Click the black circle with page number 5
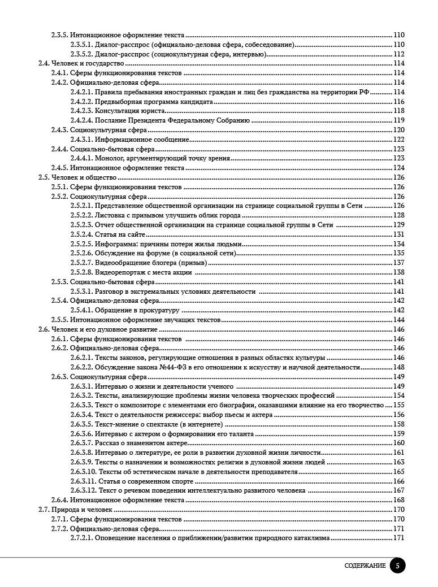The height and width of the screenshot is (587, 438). (x=397, y=566)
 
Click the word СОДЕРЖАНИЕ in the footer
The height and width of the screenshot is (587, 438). (x=365, y=566)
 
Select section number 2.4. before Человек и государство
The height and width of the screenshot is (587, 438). (x=44, y=64)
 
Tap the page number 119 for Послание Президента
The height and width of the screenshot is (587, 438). (x=399, y=120)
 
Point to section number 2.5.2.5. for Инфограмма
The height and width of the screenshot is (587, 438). (x=81, y=244)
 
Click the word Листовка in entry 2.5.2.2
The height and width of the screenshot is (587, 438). (x=109, y=215)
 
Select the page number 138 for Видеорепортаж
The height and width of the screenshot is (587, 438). (x=399, y=272)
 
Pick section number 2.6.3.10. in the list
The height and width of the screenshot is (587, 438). (x=83, y=471)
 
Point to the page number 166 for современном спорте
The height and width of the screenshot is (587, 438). (x=399, y=481)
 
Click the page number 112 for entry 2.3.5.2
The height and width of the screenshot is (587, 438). (x=399, y=54)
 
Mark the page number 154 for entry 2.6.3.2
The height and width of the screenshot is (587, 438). (x=399, y=395)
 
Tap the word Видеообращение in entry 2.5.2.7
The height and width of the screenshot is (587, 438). (x=121, y=263)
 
